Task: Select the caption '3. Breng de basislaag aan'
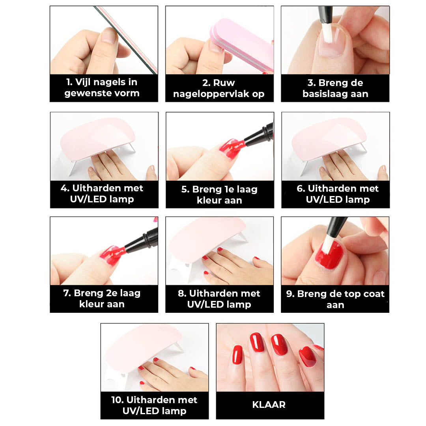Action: click(335, 88)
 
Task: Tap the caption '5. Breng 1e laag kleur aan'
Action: click(219, 194)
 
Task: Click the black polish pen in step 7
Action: click(142, 240)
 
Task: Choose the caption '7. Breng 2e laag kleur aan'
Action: click(102, 299)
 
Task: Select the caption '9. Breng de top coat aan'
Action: click(335, 299)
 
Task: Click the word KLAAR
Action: click(269, 405)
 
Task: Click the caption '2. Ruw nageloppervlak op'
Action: click(219, 88)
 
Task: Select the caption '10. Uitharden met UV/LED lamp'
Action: click(155, 405)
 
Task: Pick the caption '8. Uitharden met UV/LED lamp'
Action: click(219, 299)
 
